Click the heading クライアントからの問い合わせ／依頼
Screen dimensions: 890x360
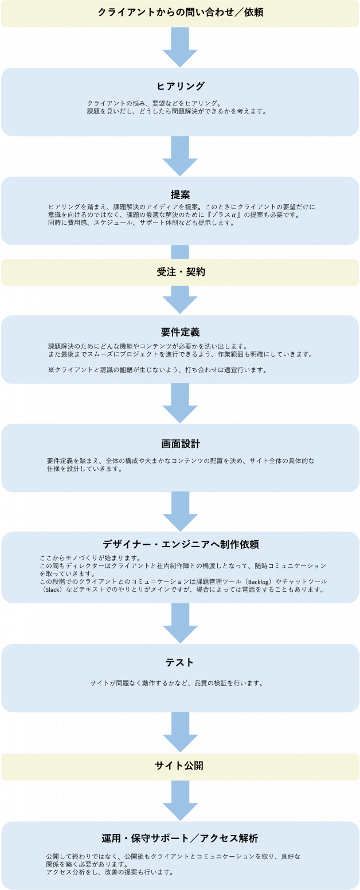pos(180,12)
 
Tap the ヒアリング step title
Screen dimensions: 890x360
pos(180,86)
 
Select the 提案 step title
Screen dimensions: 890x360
pos(180,194)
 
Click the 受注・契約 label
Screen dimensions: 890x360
pos(180,272)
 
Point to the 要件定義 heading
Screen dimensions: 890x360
pos(180,332)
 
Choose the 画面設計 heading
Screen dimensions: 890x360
pos(180,444)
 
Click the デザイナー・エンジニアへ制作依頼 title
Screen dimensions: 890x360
pos(180,544)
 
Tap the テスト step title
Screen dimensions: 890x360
pos(180,662)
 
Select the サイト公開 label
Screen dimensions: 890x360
pos(180,766)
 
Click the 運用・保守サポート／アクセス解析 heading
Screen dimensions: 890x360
pos(180,837)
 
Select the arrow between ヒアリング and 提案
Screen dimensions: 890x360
pos(180,156)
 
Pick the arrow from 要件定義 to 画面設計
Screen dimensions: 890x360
pos(180,403)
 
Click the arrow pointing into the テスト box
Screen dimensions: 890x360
pos(180,623)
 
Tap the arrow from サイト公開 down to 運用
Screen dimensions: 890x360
pos(180,801)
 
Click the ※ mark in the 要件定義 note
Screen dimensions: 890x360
pos(50,370)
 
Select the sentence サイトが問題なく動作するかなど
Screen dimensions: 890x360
pos(138,683)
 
